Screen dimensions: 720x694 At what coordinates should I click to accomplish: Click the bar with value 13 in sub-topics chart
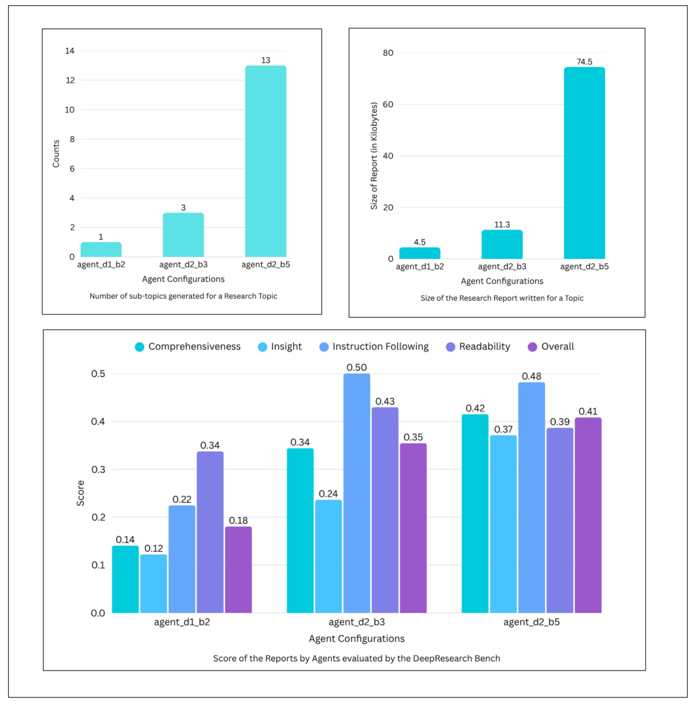point(265,161)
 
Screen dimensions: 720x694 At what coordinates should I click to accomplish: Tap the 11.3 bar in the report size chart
point(502,244)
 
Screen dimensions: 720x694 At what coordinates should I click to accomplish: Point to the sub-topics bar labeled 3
point(183,235)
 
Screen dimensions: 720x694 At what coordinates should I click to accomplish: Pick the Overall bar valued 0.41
point(588,515)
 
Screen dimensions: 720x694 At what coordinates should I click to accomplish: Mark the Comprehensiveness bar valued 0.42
point(475,513)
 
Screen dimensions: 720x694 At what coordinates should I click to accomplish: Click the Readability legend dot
point(450,347)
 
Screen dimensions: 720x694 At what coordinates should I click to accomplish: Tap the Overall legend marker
point(533,347)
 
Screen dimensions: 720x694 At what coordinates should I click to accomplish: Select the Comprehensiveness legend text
point(194,347)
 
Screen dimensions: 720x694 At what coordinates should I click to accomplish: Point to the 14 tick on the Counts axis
point(70,51)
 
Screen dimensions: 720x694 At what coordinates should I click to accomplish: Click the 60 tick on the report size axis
point(388,104)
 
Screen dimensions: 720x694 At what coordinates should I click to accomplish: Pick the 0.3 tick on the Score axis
point(98,469)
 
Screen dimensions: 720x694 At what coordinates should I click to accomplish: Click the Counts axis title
point(56,153)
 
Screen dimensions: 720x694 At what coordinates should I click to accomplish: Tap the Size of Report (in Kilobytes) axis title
point(374,156)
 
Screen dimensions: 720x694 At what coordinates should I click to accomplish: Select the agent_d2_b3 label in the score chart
point(356,622)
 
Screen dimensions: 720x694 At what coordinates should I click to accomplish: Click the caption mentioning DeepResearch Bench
point(356,658)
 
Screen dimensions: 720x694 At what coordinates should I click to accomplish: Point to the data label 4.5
point(420,242)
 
